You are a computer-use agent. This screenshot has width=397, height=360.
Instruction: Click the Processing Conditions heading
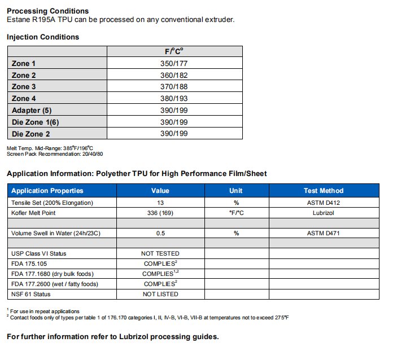tap(47, 11)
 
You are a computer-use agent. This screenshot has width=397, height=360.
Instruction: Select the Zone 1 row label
tap(24, 64)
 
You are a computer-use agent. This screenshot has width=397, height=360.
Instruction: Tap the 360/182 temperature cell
tap(174, 76)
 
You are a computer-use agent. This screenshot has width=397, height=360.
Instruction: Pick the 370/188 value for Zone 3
tap(174, 87)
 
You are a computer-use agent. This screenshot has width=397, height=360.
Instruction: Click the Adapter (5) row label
tap(32, 111)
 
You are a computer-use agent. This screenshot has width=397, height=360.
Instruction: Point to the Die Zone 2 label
tap(31, 134)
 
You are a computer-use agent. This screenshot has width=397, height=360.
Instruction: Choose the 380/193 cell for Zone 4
tap(174, 99)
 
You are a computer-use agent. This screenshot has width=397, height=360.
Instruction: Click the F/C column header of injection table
tap(174, 51)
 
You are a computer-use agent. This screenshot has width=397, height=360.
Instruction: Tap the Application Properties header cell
tap(47, 191)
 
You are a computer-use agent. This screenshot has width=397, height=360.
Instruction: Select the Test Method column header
tap(323, 191)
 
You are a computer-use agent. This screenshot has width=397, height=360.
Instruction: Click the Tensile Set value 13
tap(160, 203)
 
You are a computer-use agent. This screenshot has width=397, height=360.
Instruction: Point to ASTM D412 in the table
tap(323, 203)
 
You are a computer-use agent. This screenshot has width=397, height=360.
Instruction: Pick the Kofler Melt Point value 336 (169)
tap(160, 213)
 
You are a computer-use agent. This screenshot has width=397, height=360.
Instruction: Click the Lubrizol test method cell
tap(323, 213)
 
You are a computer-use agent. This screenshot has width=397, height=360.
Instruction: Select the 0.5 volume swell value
tap(160, 233)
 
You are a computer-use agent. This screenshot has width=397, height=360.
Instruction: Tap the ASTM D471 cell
tap(323, 233)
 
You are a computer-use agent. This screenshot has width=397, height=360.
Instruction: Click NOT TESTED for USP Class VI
tap(160, 253)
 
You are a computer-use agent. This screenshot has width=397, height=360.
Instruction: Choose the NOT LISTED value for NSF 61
tap(160, 294)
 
